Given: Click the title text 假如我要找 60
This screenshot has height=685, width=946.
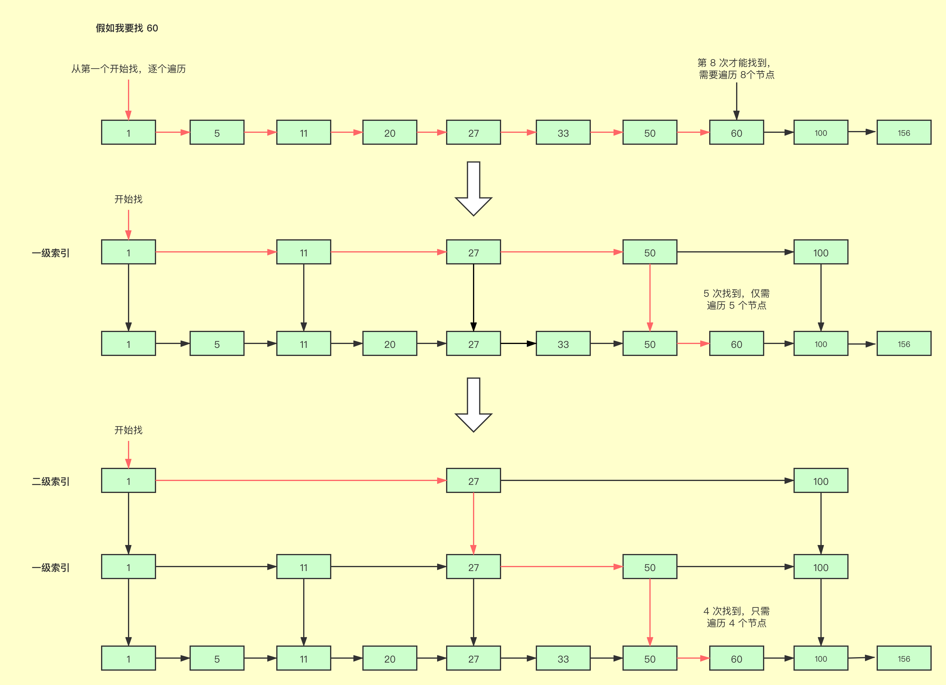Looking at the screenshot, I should [x=127, y=28].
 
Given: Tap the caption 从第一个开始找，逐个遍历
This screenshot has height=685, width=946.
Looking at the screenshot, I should [x=129, y=69].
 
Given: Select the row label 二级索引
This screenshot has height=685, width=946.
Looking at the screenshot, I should [x=51, y=481].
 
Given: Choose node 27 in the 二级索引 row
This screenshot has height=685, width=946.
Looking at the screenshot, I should [x=473, y=481].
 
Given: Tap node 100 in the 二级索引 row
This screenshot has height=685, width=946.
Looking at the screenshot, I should [x=820, y=481].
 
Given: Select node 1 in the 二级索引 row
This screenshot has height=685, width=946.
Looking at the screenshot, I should [x=129, y=481].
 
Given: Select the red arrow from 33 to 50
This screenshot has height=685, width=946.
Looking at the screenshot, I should [x=606, y=132].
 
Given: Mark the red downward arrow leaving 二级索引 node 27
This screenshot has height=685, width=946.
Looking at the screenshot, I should [x=473, y=523].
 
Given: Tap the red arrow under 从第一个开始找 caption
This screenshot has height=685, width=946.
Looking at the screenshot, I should [x=129, y=99].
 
